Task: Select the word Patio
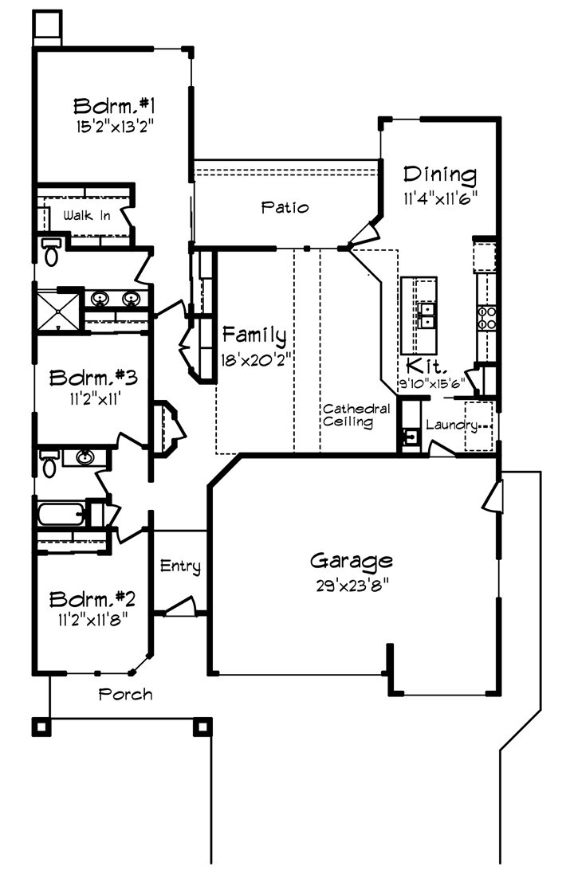pyautogui.click(x=285, y=207)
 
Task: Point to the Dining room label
pyautogui.click(x=439, y=174)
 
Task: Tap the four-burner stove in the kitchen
pyautogui.click(x=486, y=317)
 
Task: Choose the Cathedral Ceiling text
pyautogui.click(x=356, y=416)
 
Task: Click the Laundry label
pyautogui.click(x=451, y=425)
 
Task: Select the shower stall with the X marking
pyautogui.click(x=57, y=310)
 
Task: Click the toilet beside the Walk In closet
pyautogui.click(x=52, y=251)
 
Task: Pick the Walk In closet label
pyautogui.click(x=87, y=215)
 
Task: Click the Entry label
pyautogui.click(x=180, y=566)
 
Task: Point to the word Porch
pyautogui.click(x=125, y=694)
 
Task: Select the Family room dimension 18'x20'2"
pyautogui.click(x=253, y=359)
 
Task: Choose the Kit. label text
pyautogui.click(x=420, y=366)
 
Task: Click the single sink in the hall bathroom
pyautogui.click(x=85, y=457)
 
